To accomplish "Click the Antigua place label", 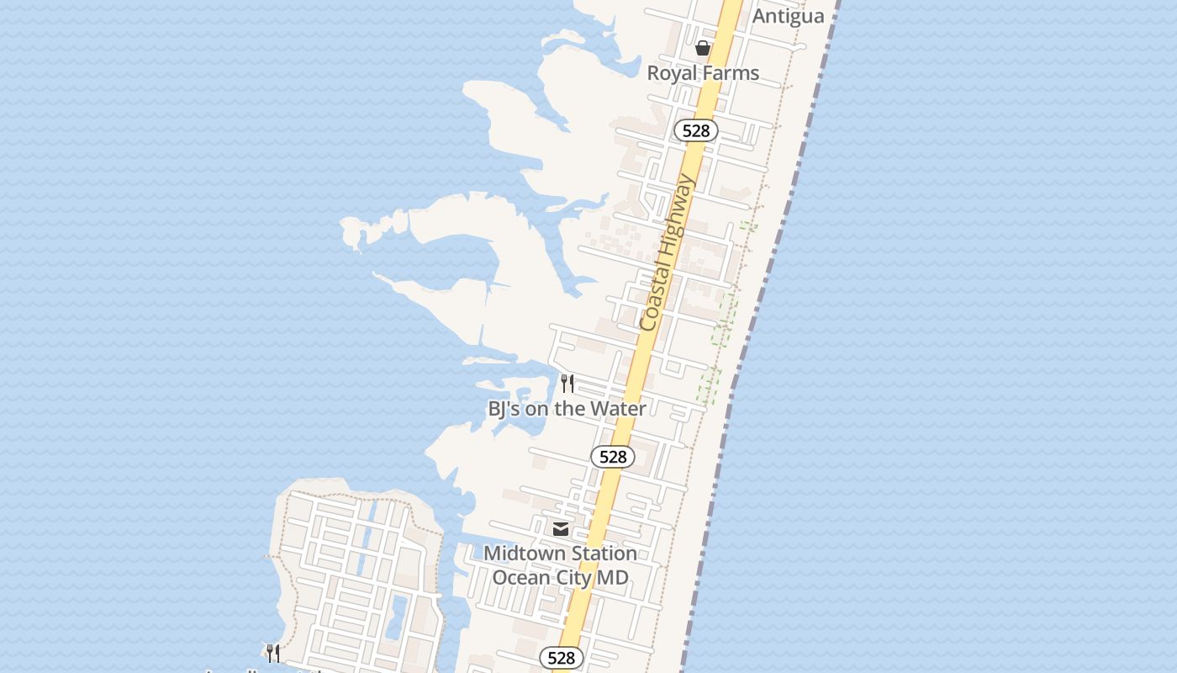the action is (x=788, y=16).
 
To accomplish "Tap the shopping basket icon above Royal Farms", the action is (x=703, y=48).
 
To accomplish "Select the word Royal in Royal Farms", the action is (x=673, y=73).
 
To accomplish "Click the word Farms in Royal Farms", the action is (x=731, y=73).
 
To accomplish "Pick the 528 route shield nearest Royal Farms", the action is (x=696, y=130).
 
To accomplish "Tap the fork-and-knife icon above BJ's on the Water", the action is (x=567, y=384).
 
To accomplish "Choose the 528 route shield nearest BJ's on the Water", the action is (x=613, y=457).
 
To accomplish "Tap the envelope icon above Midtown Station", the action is (x=561, y=529).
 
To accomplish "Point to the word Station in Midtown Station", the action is (x=604, y=554).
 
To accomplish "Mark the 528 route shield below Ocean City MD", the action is (x=561, y=658).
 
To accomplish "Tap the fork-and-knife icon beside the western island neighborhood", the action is (x=272, y=653).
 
